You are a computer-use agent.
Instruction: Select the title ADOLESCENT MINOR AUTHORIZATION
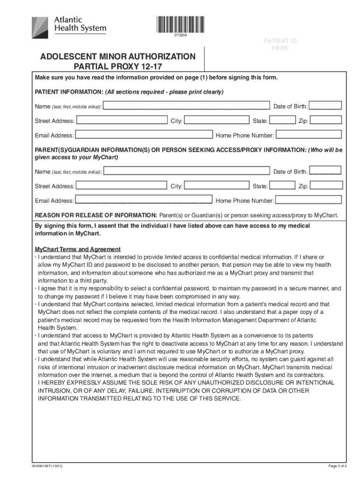[118, 57]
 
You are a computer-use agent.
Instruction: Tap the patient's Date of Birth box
[325, 106]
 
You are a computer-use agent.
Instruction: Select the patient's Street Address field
[121, 121]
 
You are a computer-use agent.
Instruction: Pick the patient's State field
[282, 121]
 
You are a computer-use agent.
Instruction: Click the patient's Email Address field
[143, 135]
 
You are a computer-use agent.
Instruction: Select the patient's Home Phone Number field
[309, 135]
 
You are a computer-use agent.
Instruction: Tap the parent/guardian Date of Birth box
[325, 172]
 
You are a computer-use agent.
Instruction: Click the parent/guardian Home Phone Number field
[309, 200]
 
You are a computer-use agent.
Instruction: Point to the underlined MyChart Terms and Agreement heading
[78, 249]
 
